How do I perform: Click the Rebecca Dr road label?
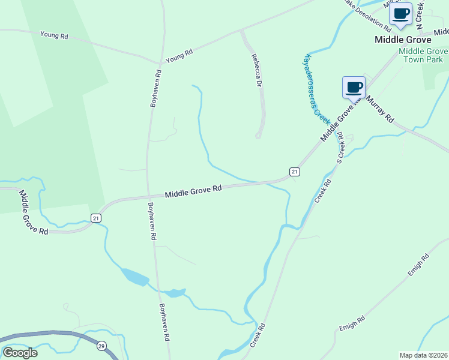coord(257,71)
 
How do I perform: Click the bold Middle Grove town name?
coord(403,40)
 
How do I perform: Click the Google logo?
coord(19,353)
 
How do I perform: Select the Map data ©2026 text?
coord(423,355)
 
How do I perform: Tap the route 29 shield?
coord(101,346)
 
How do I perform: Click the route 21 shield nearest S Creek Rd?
coord(294,172)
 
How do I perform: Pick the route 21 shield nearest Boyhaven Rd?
coord(96,218)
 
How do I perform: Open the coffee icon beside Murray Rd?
coord(354,88)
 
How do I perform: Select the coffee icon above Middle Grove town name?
coord(400,14)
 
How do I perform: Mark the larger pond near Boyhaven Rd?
coord(135,277)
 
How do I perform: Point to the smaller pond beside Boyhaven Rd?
coord(174,293)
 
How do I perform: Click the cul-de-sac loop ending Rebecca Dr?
coord(258,136)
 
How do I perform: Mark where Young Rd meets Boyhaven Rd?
coord(160,62)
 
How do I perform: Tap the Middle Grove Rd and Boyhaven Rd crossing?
coord(148,196)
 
